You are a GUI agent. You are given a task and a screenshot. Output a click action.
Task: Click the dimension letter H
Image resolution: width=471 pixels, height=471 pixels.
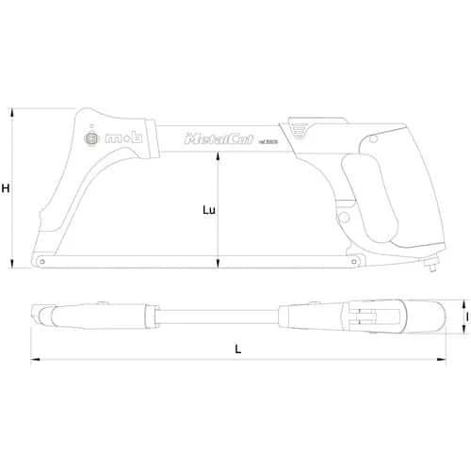click(x=6, y=188)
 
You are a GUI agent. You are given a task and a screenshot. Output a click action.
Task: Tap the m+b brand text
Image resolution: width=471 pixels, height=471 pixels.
click(x=121, y=138)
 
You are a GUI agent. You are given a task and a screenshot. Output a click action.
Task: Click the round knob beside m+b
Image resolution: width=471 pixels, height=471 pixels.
click(x=91, y=138)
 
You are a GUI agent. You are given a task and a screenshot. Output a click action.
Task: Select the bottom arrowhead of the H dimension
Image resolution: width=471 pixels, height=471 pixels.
click(x=13, y=264)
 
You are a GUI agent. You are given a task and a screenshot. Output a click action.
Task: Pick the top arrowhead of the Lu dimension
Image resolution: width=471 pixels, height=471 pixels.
click(x=219, y=155)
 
